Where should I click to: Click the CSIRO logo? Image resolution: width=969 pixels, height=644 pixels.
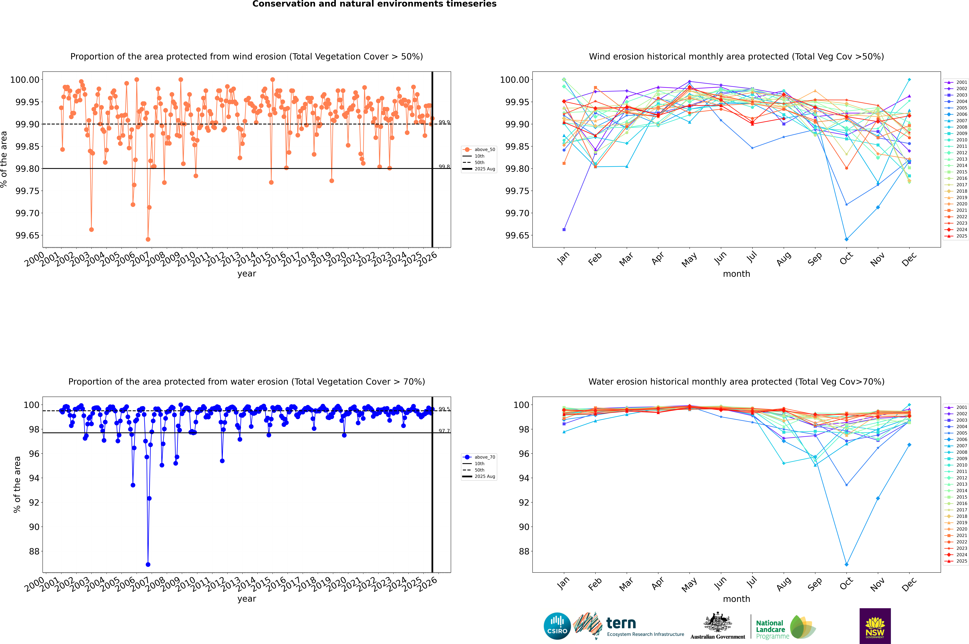tap(557, 626)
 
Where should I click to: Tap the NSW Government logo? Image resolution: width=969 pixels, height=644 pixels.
tap(875, 626)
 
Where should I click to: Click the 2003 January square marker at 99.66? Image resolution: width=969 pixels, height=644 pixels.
tap(564, 230)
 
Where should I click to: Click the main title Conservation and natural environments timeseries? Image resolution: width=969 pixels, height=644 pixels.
tap(374, 4)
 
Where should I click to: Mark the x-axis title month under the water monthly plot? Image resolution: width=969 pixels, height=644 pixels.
tap(736, 599)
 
